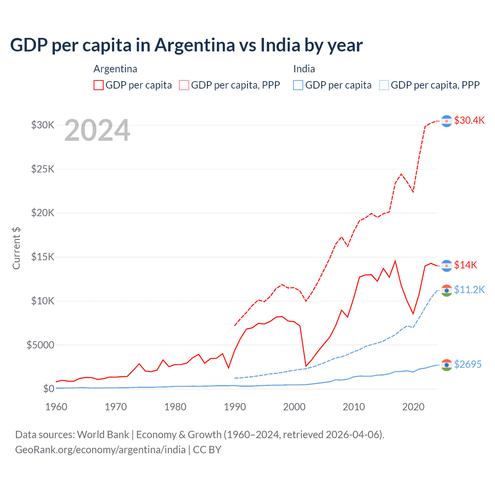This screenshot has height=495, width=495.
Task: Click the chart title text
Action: click(186, 45)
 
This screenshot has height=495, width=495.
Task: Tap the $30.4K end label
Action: click(469, 120)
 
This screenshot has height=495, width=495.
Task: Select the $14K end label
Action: click(465, 265)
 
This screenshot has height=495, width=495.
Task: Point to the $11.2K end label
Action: click(469, 290)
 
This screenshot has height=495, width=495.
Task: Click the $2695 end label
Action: click(468, 364)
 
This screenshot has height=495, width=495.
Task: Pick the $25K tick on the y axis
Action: click(43, 169)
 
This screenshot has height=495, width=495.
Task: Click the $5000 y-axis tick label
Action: click(40, 345)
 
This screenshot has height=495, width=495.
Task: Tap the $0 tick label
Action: click(48, 389)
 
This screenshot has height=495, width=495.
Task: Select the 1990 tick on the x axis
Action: click(235, 407)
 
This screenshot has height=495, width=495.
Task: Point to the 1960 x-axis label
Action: click(56, 407)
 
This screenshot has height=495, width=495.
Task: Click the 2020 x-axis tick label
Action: click(413, 407)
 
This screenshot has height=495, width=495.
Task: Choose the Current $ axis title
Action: click(16, 248)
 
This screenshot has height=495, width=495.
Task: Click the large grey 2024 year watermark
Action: click(97, 131)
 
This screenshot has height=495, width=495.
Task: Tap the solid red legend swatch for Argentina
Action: click(99, 85)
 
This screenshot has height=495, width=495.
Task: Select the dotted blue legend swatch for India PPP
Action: click(384, 85)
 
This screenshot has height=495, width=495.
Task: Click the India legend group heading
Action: click(304, 69)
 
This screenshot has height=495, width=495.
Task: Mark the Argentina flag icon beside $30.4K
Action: click(447, 121)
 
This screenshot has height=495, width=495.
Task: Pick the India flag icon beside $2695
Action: click(447, 365)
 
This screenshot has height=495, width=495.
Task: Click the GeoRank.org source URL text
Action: click(101, 450)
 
